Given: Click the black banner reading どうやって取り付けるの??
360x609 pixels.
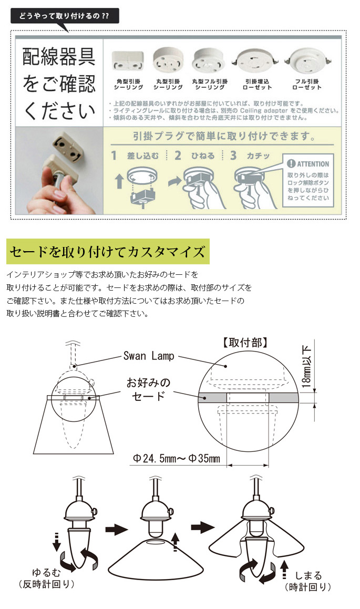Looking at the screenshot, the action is (65, 16).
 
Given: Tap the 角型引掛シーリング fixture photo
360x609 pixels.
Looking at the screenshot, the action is (128, 61).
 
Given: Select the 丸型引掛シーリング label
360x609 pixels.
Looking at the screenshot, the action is (168, 84).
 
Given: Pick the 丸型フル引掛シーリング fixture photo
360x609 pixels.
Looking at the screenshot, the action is (209, 60).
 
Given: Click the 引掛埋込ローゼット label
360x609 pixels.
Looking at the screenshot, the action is (257, 84).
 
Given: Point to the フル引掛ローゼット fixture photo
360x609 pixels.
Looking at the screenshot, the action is (307, 60).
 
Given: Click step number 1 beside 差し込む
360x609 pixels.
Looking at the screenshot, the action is (114, 156).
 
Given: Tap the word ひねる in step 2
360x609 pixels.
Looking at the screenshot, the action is (203, 156).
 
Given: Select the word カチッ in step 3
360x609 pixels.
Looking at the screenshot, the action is (258, 156).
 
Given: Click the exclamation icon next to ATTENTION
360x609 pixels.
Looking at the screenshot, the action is (291, 164).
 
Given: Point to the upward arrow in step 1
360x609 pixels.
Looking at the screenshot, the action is (120, 181).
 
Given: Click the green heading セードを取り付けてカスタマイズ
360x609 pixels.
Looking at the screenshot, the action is (108, 252).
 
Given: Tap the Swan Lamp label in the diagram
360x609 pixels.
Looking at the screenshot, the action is (149, 356).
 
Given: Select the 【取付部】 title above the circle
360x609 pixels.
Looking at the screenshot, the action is (245, 343).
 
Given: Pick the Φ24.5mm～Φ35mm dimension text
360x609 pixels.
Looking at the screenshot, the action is (177, 459).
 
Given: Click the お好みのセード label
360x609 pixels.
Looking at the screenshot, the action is (148, 389).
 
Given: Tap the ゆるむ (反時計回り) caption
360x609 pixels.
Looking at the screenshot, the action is (47, 578).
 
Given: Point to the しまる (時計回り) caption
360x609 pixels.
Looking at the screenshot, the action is (308, 581).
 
